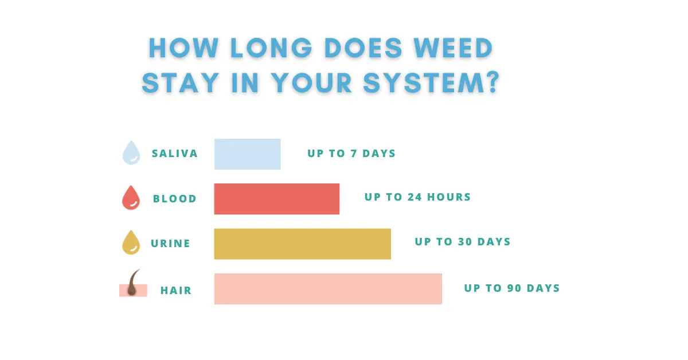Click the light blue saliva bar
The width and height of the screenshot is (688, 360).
(x=247, y=154)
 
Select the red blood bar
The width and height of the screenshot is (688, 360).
(x=277, y=199)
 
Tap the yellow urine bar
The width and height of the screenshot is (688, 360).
(x=303, y=244)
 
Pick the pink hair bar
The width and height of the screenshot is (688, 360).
(x=328, y=289)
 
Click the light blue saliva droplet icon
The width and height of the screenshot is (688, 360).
(x=131, y=153)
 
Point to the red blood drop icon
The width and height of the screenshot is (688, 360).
(x=131, y=198)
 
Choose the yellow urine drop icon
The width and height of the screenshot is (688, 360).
(x=131, y=242)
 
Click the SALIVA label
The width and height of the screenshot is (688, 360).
(x=175, y=154)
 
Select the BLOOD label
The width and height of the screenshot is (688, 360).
(x=175, y=199)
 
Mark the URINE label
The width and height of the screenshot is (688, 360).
(x=170, y=244)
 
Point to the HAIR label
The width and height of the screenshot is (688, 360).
(x=176, y=291)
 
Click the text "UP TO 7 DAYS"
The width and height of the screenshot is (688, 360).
(x=351, y=153)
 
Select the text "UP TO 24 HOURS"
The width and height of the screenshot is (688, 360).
(x=418, y=197)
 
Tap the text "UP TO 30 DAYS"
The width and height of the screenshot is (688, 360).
(x=463, y=242)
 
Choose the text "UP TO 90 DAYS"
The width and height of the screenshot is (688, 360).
(x=512, y=288)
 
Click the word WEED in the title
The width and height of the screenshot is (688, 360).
(x=453, y=48)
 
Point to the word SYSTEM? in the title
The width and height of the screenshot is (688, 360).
(x=432, y=83)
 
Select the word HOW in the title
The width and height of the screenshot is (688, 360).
(x=183, y=48)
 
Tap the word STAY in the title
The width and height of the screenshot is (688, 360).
(x=181, y=83)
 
